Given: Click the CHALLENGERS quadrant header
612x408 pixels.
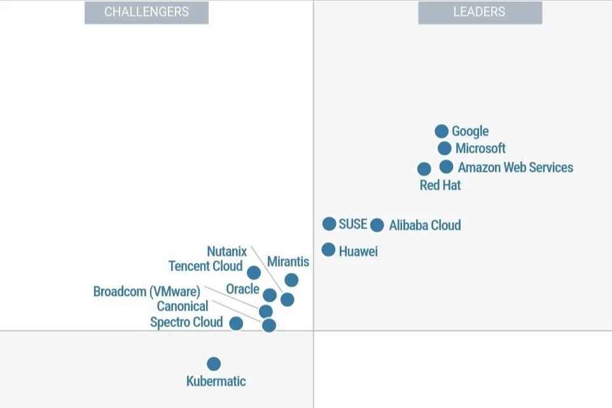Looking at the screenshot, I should [146, 12].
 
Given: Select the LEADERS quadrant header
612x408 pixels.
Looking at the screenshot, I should [480, 12].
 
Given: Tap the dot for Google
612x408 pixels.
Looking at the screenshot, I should [442, 131].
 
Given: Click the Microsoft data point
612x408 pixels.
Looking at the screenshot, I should [445, 148].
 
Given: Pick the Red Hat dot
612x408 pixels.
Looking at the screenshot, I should [424, 169].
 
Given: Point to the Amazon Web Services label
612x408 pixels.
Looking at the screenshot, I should [515, 167].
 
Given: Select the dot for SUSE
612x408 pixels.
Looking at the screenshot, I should [329, 223].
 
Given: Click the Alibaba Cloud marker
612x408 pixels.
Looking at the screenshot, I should [377, 225].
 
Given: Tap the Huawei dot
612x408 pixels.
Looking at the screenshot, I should [328, 250].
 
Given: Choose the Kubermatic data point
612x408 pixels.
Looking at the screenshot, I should [214, 363].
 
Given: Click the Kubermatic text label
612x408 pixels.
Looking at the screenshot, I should [216, 381].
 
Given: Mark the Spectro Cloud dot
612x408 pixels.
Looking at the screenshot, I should [236, 323].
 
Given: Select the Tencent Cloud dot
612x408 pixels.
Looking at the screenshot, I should [254, 272].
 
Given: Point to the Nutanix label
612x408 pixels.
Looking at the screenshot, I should [226, 251].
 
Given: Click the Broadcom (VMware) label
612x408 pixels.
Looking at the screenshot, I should [146, 292].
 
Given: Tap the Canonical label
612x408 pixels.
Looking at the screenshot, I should [183, 306].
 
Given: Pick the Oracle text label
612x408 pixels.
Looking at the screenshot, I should [242, 289].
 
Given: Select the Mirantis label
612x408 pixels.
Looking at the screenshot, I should [288, 262].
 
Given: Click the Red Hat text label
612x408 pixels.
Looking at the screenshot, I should [440, 185].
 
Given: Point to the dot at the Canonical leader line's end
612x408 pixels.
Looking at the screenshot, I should [269, 325].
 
